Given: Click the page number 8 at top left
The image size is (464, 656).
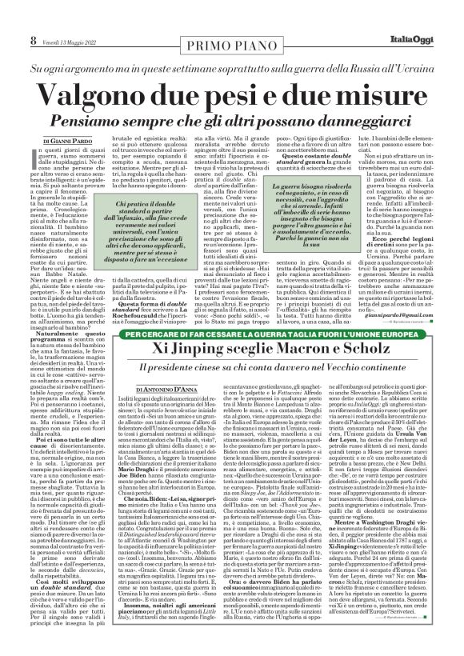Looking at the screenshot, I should pyautogui.click(x=10, y=17).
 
